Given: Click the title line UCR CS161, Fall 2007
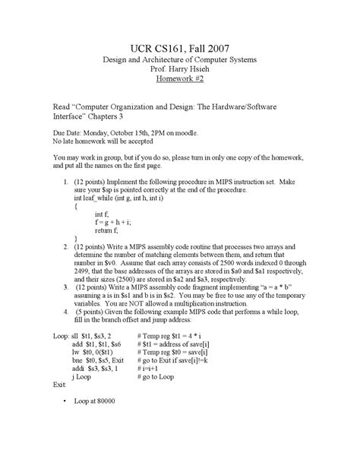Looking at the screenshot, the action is [180, 47].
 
